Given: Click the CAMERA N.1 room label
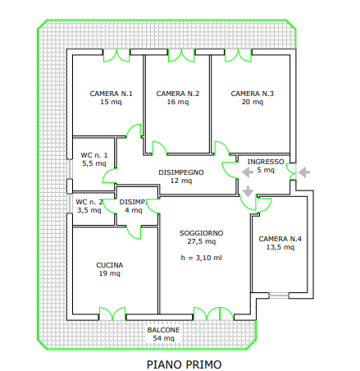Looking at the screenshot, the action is tap(111, 94).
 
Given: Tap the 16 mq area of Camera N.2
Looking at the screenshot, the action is tap(178, 102).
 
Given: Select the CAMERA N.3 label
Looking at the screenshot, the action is tap(252, 94).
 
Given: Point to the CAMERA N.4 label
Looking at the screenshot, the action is tap(280, 239).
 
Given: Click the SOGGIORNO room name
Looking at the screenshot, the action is tap(201, 233).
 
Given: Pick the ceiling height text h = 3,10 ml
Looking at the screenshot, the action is tap(201, 258).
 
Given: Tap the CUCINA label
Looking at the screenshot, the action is tap(110, 265).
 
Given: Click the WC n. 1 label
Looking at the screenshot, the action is tap(94, 155).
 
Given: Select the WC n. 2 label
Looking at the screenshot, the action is tap(89, 202).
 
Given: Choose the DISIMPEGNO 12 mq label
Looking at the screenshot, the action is tap(181, 176).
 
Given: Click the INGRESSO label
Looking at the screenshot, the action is tap(266, 162).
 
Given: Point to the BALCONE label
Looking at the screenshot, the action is tap(163, 330).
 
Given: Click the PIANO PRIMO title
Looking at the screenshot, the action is tap(184, 364).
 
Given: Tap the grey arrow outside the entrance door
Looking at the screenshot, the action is tap(304, 172).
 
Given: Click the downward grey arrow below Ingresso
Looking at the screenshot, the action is tap(248, 191).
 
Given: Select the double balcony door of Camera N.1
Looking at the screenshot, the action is tap(116, 56).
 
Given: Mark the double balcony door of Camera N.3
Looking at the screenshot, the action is tap(238, 56).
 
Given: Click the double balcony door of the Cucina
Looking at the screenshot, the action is tap(112, 314).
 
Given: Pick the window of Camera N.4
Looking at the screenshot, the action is tap(279, 295).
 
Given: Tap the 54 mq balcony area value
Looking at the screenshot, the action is tap(163, 338).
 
